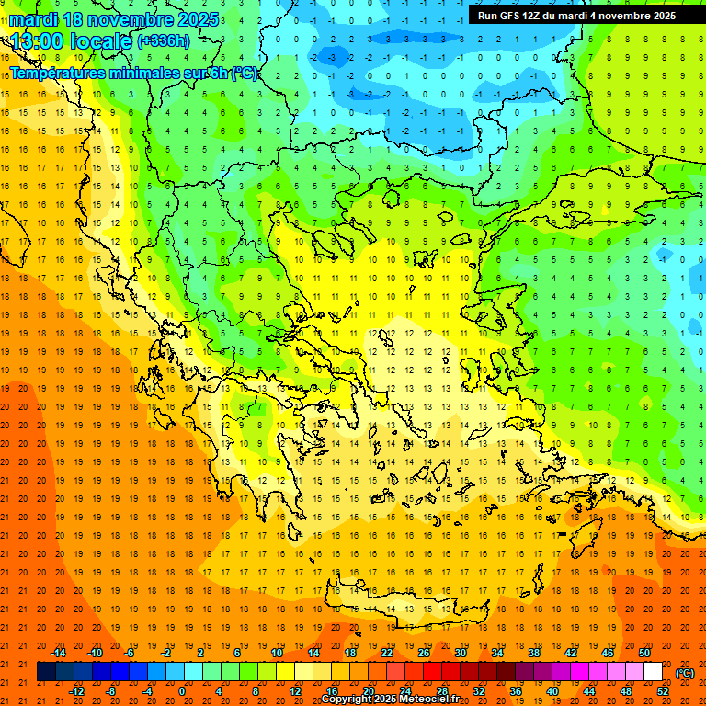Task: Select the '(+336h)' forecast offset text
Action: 164,41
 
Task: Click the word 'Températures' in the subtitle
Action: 56,74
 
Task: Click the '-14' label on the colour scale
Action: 58,653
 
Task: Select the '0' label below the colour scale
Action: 183,690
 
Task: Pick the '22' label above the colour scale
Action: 387,653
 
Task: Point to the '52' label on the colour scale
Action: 663,690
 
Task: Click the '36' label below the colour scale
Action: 516,690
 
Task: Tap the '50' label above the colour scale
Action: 644,653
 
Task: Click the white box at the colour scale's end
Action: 654,672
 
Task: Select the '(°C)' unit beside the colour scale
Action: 685,673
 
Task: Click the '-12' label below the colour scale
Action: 76,690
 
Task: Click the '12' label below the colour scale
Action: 295,690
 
